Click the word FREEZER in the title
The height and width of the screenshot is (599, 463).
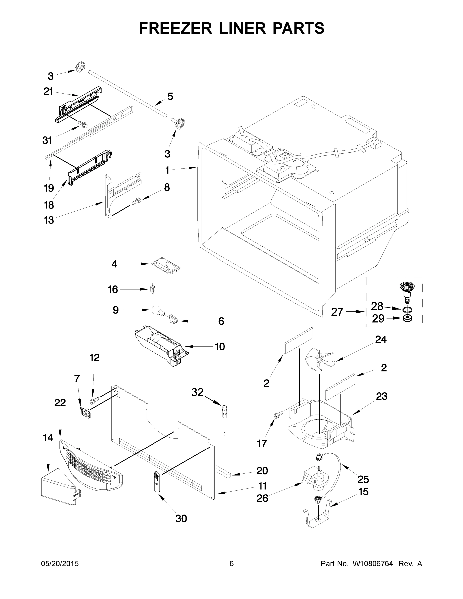175,28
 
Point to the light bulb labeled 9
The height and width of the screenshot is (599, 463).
156,311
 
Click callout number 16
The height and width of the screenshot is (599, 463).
113,289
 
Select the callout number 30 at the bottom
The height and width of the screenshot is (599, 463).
181,518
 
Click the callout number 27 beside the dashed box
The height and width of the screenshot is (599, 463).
337,312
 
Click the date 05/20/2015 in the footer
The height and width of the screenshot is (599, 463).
60,564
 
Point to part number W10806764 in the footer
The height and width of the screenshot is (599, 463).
373,564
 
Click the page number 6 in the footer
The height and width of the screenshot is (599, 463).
232,564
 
